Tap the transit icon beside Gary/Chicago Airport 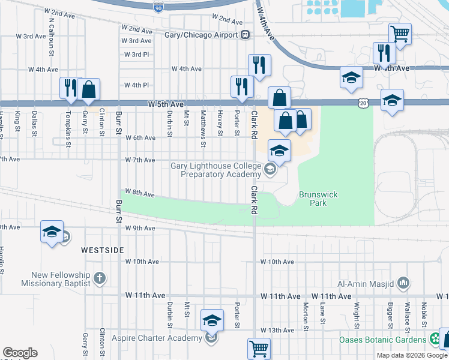[246, 35]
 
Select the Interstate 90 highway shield [158, 7]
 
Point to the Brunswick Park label [313, 199]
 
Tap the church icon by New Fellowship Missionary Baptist [100, 278]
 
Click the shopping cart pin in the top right [400, 34]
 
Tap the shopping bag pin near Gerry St [88, 89]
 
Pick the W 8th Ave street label [142, 194]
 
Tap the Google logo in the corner [20, 353]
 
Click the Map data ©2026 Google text [412, 355]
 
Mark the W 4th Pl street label [136, 85]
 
